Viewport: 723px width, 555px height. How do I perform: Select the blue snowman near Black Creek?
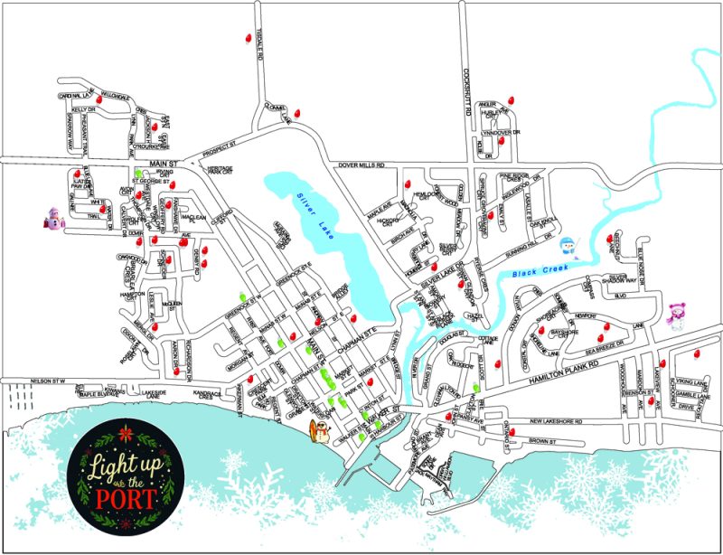(568, 246)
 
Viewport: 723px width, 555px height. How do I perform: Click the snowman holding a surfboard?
(319, 432)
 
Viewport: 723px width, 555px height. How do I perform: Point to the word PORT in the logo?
(127, 496)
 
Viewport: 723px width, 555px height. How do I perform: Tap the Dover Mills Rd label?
(361, 165)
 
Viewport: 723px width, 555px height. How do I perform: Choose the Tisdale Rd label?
(259, 43)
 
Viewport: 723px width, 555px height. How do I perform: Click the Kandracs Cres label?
(213, 397)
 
